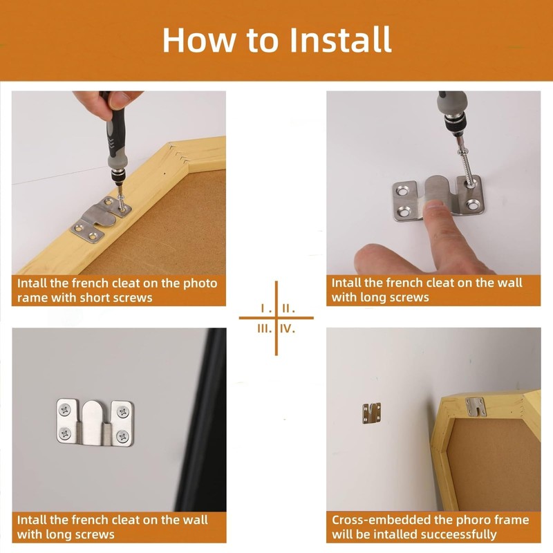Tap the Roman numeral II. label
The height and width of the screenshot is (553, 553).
tap(288, 308)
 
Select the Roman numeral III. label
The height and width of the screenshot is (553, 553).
tap(264, 329)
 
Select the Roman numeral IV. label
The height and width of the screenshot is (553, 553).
tap(288, 329)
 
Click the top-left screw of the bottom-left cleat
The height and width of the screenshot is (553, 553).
tap(65, 410)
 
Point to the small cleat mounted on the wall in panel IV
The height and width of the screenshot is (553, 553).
tap(371, 413)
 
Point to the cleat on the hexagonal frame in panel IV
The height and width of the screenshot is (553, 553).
tap(476, 406)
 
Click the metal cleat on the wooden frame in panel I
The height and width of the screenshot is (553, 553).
tap(101, 218)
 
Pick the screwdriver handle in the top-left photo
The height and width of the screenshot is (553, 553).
tap(115, 135)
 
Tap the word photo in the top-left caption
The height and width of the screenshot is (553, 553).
tap(200, 283)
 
